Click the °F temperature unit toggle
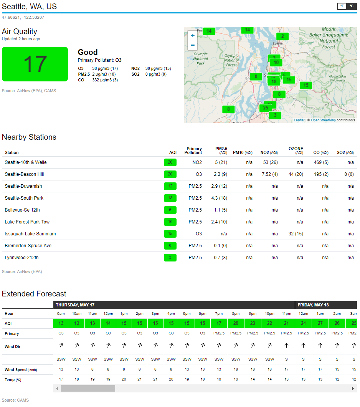[x=342, y=6]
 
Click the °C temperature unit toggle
[x=351, y=6]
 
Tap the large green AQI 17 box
[x=35, y=64]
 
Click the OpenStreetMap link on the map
[x=323, y=120]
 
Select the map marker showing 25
[x=266, y=108]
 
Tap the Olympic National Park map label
[x=200, y=59]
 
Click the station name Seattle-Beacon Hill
[x=24, y=174]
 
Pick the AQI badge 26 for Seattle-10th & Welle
[x=170, y=162]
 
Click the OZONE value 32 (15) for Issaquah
[x=296, y=234]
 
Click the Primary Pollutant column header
[x=194, y=151]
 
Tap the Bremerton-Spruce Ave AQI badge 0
[x=170, y=246]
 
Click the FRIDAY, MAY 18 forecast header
[x=313, y=305]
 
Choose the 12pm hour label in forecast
[x=108, y=314]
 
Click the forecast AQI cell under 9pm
[x=253, y=323]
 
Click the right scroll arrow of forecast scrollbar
[x=353, y=389]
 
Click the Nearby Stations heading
[x=29, y=137]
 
